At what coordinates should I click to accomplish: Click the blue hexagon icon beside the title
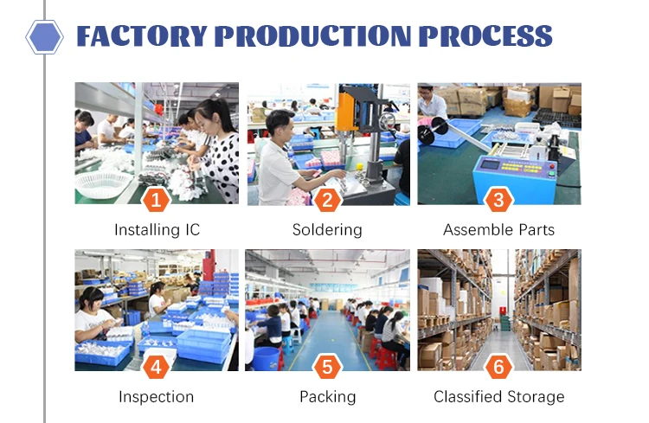[x=45, y=36]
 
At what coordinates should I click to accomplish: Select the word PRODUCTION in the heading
[x=312, y=36]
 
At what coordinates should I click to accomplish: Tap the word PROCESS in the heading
[x=485, y=36]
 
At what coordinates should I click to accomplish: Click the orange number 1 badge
[x=156, y=200]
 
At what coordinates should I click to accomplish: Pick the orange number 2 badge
[x=327, y=200]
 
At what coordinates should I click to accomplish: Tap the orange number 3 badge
[x=498, y=200]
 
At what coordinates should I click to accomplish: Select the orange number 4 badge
[x=156, y=367]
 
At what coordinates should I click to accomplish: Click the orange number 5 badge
[x=327, y=367]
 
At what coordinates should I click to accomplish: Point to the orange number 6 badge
[x=498, y=367]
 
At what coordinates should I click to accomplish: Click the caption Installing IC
[x=157, y=230]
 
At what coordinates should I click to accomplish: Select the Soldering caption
[x=327, y=230]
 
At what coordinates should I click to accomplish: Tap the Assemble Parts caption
[x=498, y=230]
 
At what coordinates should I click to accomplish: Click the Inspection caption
[x=157, y=397]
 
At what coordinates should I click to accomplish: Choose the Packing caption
[x=327, y=397]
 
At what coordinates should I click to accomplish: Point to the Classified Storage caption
[x=498, y=397]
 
